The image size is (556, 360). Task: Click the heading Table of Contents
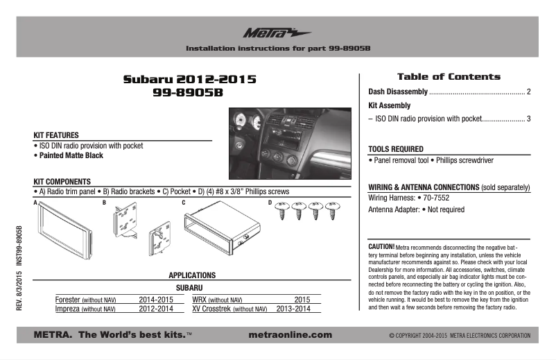(x=448, y=76)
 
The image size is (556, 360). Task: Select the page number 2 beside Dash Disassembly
(x=528, y=92)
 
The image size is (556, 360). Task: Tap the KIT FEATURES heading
(x=56, y=135)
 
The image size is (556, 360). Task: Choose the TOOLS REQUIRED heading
(x=396, y=149)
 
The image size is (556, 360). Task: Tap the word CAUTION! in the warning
(x=381, y=246)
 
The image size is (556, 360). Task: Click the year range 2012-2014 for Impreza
(x=156, y=309)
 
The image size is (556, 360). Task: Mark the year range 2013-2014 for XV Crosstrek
(x=298, y=309)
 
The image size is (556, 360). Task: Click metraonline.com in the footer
(x=289, y=335)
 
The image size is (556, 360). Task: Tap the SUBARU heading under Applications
(x=188, y=287)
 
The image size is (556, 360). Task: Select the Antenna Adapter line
(x=416, y=209)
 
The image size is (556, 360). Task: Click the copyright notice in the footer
(x=460, y=336)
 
